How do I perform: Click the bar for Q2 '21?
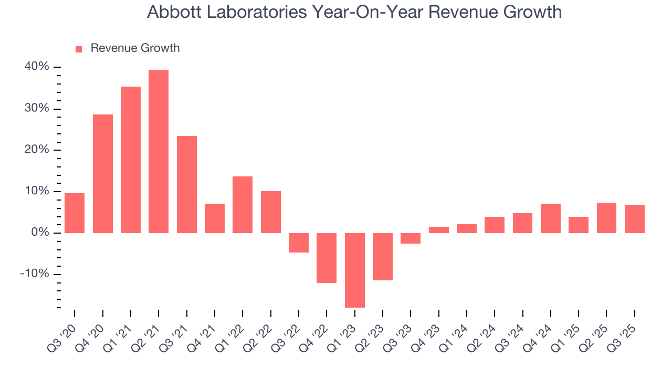159,151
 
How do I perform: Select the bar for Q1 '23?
354,270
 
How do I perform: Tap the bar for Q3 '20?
75,213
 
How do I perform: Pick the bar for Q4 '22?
327,258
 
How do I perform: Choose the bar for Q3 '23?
411,238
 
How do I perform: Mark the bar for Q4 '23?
438,230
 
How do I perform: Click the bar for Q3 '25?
634,219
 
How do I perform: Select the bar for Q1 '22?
243,205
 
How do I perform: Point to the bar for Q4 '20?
103,173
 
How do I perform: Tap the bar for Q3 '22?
299,243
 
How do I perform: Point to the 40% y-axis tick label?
36,67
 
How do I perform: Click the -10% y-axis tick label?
35,274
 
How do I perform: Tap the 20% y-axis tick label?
36,150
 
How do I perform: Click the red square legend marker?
79,49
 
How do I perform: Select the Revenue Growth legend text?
135,48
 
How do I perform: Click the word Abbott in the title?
173,12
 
